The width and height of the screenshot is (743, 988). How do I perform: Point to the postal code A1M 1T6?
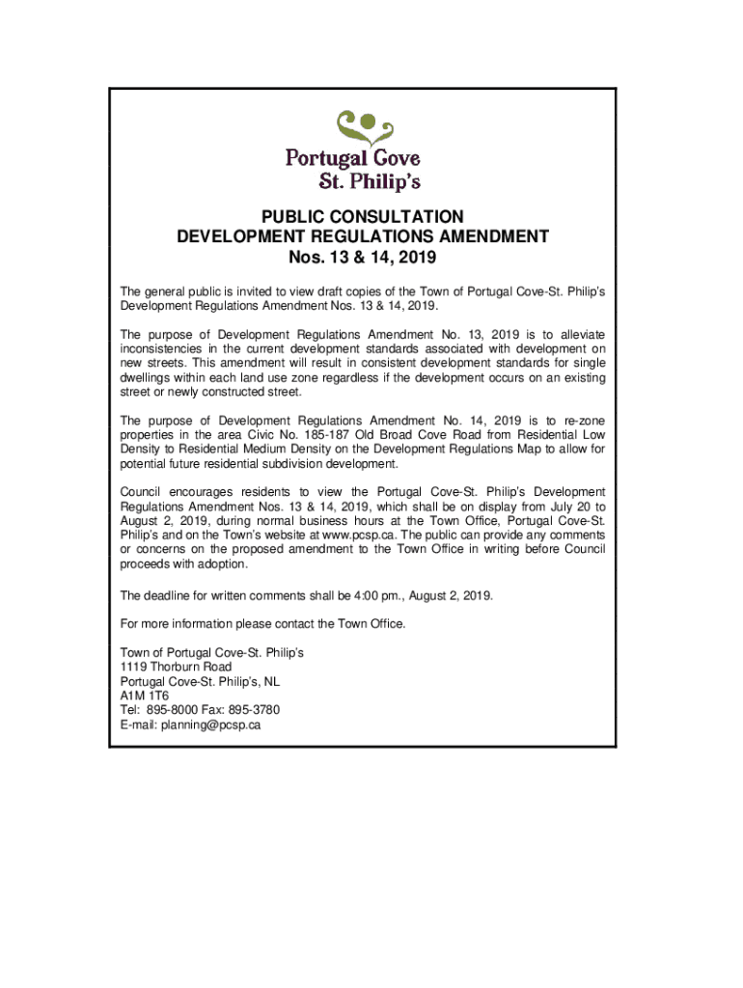click(x=144, y=695)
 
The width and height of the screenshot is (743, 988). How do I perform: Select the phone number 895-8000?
click(x=166, y=710)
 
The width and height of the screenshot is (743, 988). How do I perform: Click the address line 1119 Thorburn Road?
click(x=176, y=667)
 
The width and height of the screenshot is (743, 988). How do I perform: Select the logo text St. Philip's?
click(x=370, y=181)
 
